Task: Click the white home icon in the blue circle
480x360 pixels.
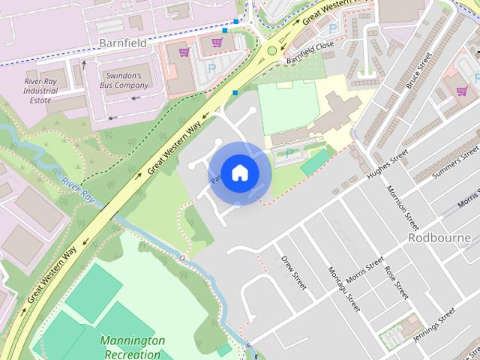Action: [238, 173]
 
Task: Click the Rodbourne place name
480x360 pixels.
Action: [439, 238]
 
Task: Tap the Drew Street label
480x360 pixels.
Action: [294, 272]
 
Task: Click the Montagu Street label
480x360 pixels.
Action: [344, 288]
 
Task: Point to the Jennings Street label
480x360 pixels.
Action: [435, 324]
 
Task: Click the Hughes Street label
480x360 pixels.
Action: [388, 164]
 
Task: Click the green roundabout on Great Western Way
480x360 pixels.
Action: [271, 51]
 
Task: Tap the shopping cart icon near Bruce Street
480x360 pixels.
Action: [461, 91]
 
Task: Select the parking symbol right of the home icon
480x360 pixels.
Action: [289, 154]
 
